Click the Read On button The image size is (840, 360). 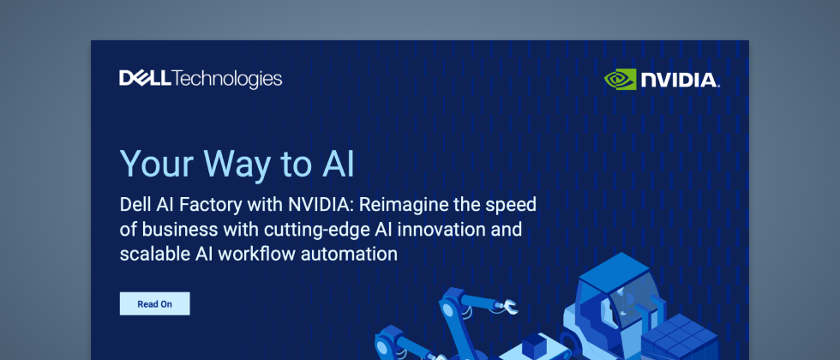click(x=154, y=303)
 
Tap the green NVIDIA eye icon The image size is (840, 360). click(x=620, y=79)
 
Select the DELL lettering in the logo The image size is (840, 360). click(x=145, y=78)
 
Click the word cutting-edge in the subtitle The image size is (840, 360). click(x=315, y=231)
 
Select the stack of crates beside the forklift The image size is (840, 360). click(x=679, y=338)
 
